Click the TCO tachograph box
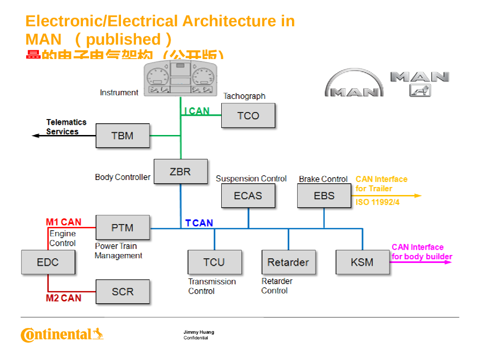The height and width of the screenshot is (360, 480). pos(248,116)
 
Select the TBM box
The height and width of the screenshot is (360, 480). pos(122,136)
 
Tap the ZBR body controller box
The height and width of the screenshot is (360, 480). pos(180,172)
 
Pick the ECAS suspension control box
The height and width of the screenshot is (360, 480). pos(248,195)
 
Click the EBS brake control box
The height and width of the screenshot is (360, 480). pos(324,195)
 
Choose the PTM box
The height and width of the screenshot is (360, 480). pos(122,228)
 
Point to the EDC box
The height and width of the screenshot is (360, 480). pos(48,262)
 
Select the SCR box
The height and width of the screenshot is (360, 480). pos(122,292)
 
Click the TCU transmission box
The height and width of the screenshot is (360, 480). pos(214,262)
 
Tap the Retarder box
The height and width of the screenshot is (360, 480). pos(288,262)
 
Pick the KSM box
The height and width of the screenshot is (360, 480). pos(362,262)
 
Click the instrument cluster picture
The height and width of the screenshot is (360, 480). pos(181,78)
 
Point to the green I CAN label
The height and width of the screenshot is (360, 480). pos(197,111)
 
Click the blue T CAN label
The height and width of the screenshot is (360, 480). pos(199,223)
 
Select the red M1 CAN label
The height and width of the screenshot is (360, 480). pos(63,222)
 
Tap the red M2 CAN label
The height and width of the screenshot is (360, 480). pos(63,298)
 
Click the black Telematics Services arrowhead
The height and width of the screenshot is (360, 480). pos(35,135)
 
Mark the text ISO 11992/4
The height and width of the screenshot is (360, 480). pos(377,202)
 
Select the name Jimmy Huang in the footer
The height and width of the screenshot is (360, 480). pos(199,332)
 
